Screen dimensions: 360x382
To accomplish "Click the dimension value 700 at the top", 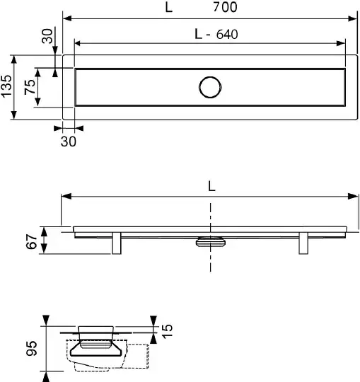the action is [x=225, y=7].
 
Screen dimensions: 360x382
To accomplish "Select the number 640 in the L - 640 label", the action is [x=227, y=35].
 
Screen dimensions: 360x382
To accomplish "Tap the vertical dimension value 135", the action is [x=6, y=86].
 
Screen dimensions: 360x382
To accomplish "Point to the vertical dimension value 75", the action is [x=30, y=87].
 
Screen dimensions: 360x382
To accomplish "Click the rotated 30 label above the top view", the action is [x=47, y=36].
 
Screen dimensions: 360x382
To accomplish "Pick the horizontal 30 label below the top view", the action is [x=69, y=141].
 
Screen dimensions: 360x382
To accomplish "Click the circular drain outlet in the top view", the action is [x=210, y=87].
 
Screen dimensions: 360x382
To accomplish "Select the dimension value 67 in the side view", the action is [x=31, y=241].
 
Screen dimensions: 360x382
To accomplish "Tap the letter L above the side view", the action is [x=211, y=187].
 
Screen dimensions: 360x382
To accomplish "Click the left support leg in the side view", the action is [x=117, y=243].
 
